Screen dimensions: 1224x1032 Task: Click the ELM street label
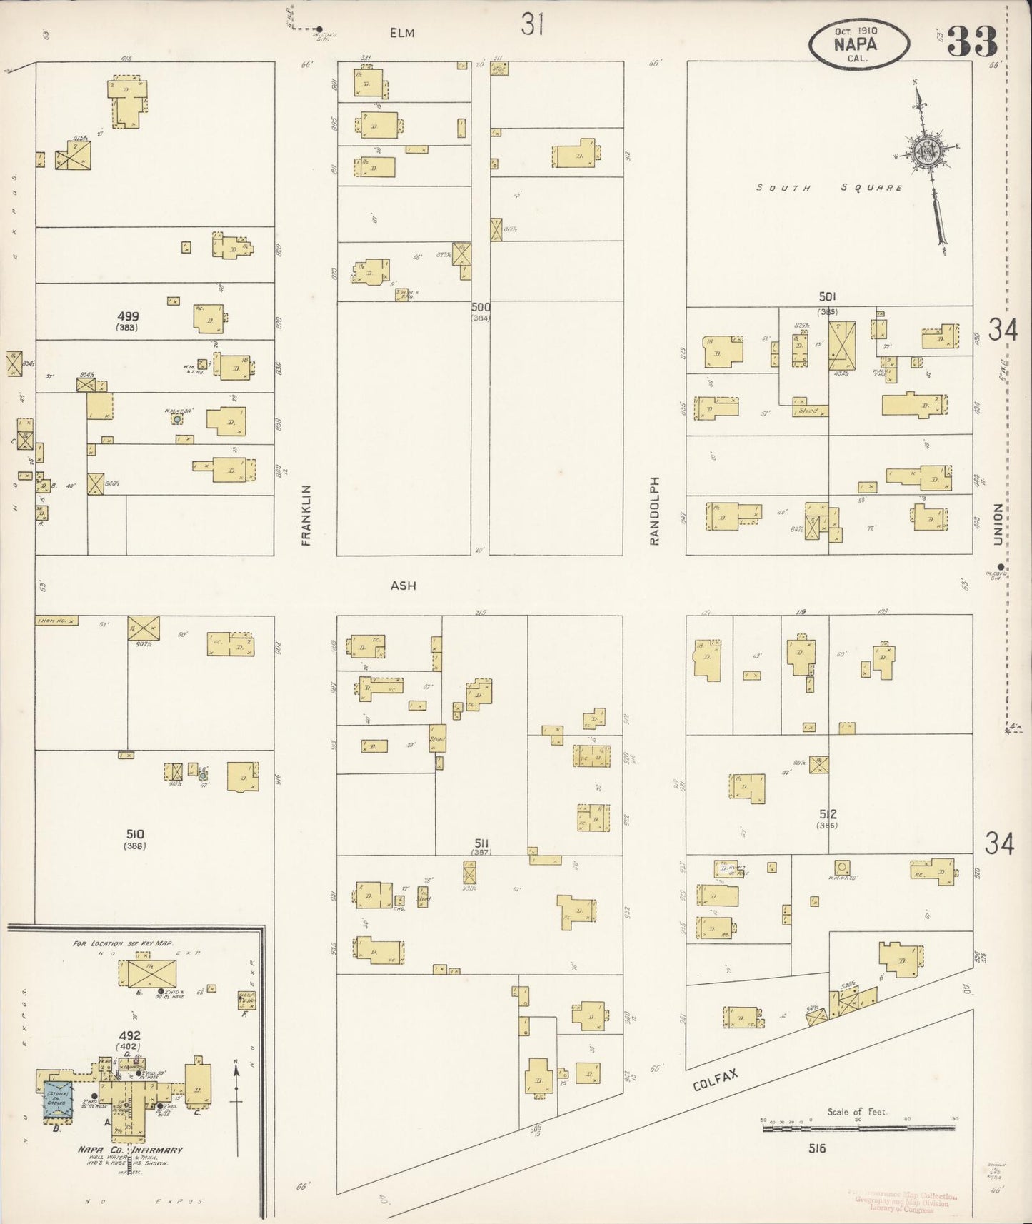click(x=402, y=33)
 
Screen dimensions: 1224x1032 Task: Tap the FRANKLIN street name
click(x=306, y=515)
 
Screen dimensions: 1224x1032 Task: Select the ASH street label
click(x=403, y=586)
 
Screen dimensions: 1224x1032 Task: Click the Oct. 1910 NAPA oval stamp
click(x=859, y=43)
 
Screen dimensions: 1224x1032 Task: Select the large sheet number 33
click(x=971, y=43)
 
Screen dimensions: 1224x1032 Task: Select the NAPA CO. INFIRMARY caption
click(x=131, y=1150)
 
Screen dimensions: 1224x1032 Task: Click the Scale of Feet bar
click(x=858, y=1128)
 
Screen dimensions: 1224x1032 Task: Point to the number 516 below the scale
click(x=817, y=1148)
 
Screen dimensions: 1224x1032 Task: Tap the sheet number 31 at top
click(x=533, y=25)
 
